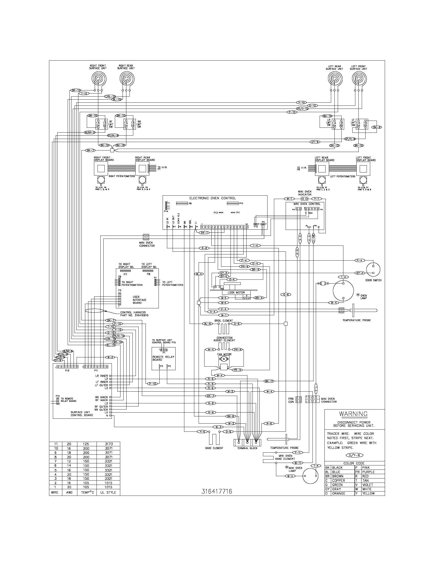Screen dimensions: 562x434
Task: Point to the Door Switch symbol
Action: tap(373, 269)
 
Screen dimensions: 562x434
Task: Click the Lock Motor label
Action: tap(236, 292)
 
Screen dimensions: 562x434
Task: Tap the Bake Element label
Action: tap(214, 448)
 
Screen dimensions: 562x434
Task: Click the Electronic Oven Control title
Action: tap(212, 198)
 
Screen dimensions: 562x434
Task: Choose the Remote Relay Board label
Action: tap(164, 358)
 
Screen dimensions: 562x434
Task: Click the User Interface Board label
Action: tap(139, 300)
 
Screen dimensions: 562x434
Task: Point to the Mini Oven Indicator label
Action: tap(305, 193)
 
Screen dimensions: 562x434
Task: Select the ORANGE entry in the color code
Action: tap(338, 493)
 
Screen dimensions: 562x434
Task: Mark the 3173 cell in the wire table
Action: tap(108, 444)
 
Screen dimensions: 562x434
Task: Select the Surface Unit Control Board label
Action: tap(82, 414)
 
